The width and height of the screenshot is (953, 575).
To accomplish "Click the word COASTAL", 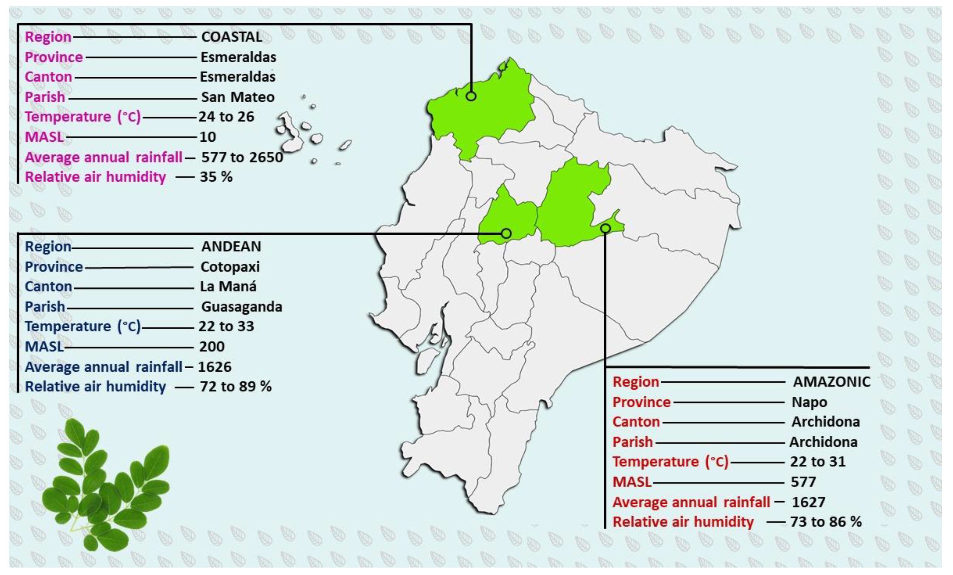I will (232, 37).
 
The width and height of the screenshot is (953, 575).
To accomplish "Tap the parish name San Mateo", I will (238, 97).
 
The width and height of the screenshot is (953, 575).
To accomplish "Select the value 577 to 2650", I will (242, 157).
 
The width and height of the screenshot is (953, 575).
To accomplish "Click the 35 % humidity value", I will (216, 177).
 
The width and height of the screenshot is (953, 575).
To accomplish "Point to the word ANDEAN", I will (231, 246).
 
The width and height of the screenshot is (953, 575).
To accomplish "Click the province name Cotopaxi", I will (230, 267).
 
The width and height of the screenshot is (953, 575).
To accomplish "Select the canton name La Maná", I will (228, 287).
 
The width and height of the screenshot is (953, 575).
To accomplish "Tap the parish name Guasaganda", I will (242, 307).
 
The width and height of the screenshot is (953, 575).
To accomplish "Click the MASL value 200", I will (212, 347).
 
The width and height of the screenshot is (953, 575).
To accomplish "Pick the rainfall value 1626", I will (215, 367).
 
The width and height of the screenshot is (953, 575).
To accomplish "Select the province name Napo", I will (809, 402).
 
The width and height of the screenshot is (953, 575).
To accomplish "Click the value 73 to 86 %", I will (826, 522).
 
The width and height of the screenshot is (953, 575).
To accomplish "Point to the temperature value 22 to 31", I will (818, 462).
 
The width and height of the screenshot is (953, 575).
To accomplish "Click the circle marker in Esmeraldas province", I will (471, 96).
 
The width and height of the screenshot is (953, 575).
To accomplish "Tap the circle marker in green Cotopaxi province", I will (506, 233).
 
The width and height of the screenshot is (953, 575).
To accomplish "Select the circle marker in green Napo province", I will (605, 229).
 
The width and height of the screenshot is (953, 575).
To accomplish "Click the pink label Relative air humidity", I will (95, 177).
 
